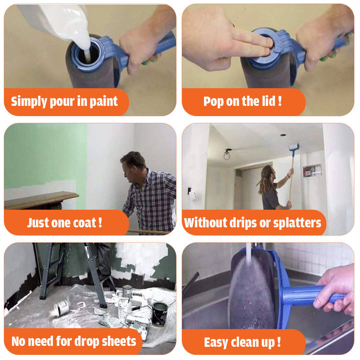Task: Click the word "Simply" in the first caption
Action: pyautogui.click(x=28, y=102)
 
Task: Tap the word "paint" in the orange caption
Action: pyautogui.click(x=104, y=102)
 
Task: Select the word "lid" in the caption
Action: pyautogui.click(x=270, y=101)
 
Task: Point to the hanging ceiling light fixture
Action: pyautogui.click(x=227, y=154)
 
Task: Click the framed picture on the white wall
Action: pyautogui.click(x=312, y=170)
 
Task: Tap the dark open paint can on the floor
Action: pyautogui.click(x=160, y=314)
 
